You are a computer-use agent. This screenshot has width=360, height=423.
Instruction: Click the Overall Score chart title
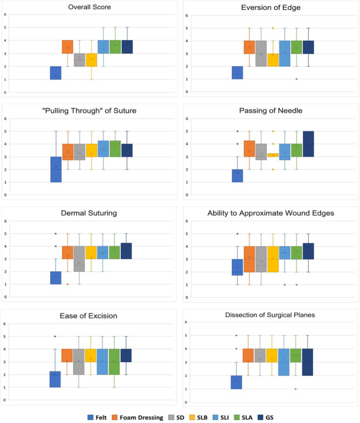90,8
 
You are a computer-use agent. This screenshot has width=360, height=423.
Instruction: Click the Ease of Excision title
90,315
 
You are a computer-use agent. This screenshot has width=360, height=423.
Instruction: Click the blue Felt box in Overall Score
55,73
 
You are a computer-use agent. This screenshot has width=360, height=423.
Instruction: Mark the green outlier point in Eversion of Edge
296,79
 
